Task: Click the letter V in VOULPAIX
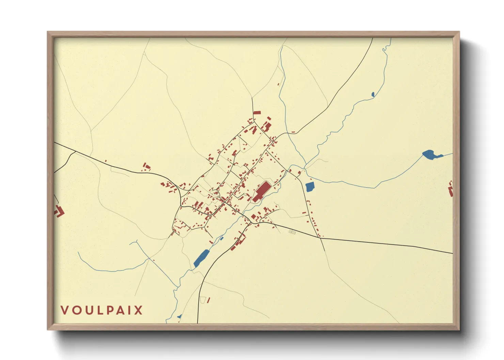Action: click(x=64, y=310)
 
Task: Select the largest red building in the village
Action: click(x=262, y=192)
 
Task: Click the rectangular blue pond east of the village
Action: click(x=310, y=187)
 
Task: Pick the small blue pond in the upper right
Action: click(x=373, y=94)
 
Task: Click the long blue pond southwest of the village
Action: click(x=201, y=258)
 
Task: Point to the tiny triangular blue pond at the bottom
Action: click(x=179, y=316)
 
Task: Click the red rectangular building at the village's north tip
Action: click(x=257, y=113)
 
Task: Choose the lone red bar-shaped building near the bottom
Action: click(x=208, y=300)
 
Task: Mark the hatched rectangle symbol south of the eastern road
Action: click(x=291, y=232)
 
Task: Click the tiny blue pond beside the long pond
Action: click(x=221, y=239)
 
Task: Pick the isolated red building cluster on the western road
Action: click(x=146, y=167)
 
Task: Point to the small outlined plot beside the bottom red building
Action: click(x=203, y=300)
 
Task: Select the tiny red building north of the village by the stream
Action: click(x=279, y=84)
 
